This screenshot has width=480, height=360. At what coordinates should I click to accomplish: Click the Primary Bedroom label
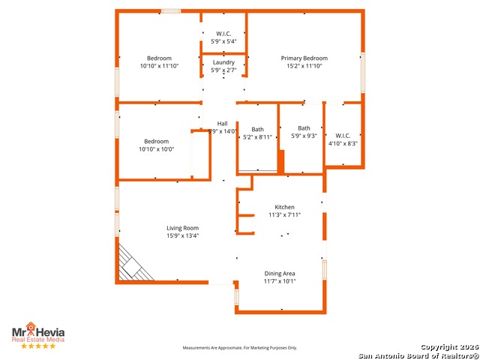(x=304, y=58)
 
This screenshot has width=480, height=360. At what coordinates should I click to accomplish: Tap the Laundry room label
(x=223, y=62)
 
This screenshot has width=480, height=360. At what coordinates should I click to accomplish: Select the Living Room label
(x=182, y=228)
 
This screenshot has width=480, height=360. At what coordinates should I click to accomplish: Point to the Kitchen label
(x=285, y=207)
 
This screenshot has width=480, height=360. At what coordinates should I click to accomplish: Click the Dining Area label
(x=280, y=273)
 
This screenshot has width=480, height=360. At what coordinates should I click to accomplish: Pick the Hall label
(x=222, y=123)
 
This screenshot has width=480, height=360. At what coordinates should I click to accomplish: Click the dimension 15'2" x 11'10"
(x=304, y=66)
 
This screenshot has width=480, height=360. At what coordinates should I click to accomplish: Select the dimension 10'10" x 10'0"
(x=157, y=149)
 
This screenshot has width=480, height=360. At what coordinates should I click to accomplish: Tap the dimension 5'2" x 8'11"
(x=257, y=137)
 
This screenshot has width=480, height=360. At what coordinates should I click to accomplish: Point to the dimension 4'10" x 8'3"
(x=343, y=143)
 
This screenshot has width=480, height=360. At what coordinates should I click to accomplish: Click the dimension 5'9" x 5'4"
(x=223, y=41)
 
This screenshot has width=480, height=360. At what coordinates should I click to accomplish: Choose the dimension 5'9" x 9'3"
(x=304, y=136)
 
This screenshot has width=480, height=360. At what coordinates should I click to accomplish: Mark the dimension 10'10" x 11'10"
(x=159, y=66)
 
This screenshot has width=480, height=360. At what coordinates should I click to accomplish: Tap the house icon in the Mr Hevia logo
(x=31, y=326)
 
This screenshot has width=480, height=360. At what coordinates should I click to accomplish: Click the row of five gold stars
(x=38, y=346)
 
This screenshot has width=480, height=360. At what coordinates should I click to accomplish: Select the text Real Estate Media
(x=38, y=340)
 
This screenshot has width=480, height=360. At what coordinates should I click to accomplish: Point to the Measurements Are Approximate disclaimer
(x=240, y=348)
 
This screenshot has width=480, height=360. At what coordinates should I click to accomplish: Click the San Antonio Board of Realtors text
(x=418, y=355)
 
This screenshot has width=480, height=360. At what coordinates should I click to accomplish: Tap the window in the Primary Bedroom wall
(x=363, y=73)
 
